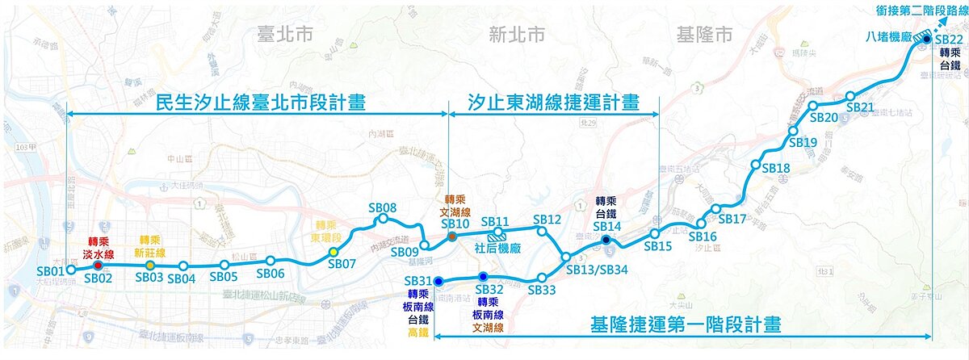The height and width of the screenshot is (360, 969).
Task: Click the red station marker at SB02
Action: [x=99, y=265]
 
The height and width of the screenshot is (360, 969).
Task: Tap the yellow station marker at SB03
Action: [x=150, y=266]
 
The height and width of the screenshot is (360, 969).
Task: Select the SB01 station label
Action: [x=50, y=270]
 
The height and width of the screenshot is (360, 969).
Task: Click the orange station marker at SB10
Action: [x=452, y=237]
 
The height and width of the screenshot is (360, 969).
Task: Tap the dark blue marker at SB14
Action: [x=606, y=239]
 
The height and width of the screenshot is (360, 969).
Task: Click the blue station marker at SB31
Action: [x=438, y=281]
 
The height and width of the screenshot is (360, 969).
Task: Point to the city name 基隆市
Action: [x=703, y=33]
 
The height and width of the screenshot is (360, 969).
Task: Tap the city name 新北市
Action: [x=517, y=33]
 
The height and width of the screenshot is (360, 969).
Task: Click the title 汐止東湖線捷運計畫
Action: [x=554, y=103]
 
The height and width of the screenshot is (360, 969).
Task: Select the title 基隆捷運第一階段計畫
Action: [x=686, y=325]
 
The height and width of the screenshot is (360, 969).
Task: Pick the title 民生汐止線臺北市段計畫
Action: [x=260, y=103]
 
